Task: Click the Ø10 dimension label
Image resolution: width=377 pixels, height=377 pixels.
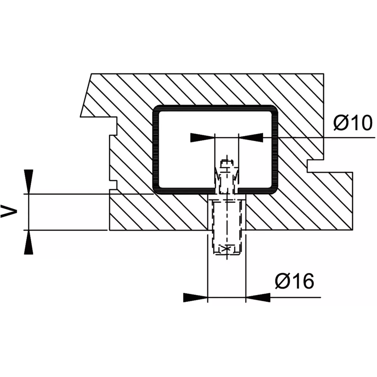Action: (x=353, y=123)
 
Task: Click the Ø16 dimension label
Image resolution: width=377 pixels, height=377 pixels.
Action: (x=295, y=281)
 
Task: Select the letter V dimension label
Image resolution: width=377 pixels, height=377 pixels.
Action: (x=9, y=212)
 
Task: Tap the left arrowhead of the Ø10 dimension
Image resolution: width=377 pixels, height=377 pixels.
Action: (x=202, y=138)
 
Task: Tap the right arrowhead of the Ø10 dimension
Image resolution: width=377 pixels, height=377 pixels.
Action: (x=250, y=138)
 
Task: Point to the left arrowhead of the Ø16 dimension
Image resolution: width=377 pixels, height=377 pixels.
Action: (x=195, y=297)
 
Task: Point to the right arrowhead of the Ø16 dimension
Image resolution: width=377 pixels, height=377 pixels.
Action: (x=258, y=297)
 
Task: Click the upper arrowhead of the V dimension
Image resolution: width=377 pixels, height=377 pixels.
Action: (x=29, y=182)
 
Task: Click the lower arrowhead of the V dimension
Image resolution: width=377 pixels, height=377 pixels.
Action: (x=29, y=242)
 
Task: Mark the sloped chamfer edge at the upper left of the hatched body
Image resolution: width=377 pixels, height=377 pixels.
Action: (x=86, y=95)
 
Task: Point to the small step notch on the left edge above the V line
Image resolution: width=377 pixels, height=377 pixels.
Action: (x=113, y=185)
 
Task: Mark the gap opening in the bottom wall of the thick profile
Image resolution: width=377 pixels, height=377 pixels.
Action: (x=226, y=191)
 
